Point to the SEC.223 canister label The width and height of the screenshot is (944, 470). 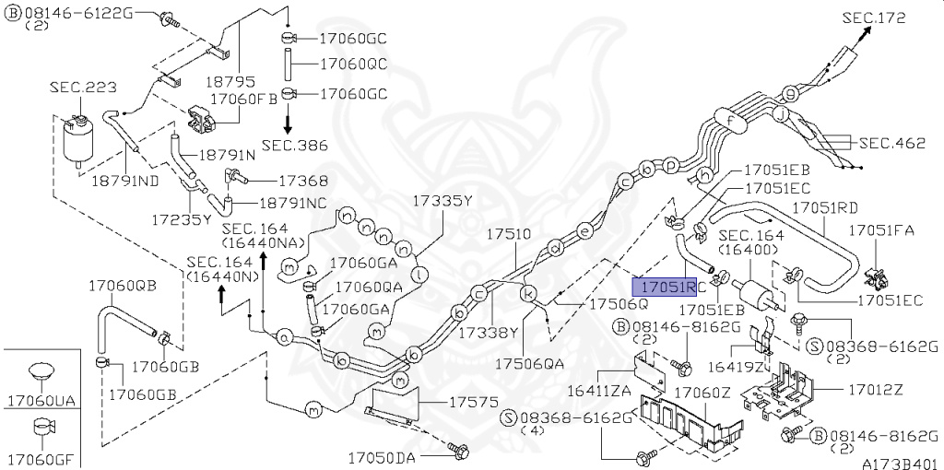tap(83, 87)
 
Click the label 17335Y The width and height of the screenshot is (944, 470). tap(442, 200)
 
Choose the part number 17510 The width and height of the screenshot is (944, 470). tap(509, 234)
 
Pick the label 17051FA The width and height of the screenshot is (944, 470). tap(881, 229)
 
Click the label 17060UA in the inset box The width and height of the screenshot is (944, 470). tap(39, 401)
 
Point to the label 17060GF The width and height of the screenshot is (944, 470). tap(39, 458)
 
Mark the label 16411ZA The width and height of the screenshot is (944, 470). tap(598, 391)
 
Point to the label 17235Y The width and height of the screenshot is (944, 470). tap(182, 219)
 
